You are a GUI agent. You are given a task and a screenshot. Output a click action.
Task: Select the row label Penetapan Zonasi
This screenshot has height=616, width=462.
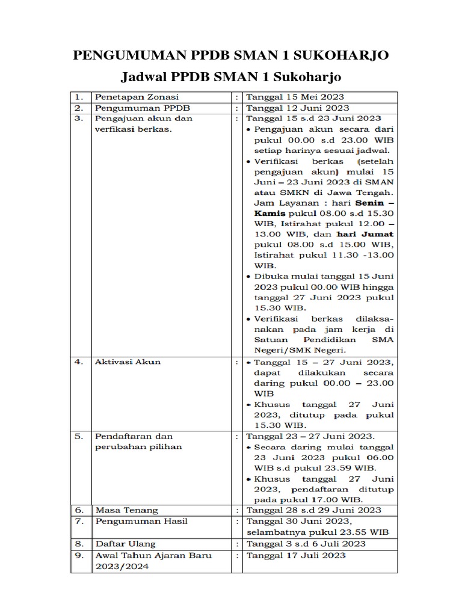137,97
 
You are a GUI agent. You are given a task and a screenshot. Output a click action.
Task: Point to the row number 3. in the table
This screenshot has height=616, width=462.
78,119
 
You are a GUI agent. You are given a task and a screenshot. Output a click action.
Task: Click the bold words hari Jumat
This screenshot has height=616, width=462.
365,234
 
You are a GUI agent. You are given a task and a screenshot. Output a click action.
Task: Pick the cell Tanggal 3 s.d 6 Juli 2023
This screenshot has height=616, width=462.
306,544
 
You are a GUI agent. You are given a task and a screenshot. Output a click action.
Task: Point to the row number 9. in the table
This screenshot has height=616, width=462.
78,555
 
